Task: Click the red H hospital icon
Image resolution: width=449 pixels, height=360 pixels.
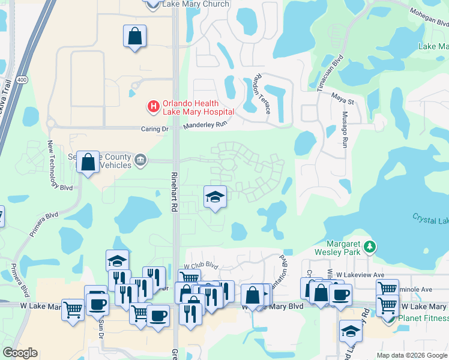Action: pos(154,107)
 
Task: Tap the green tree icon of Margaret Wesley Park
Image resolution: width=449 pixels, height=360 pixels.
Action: pos(371,245)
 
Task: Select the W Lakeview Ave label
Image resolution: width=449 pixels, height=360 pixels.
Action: pos(360,274)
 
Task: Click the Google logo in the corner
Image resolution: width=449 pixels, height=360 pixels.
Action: pos(20,353)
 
